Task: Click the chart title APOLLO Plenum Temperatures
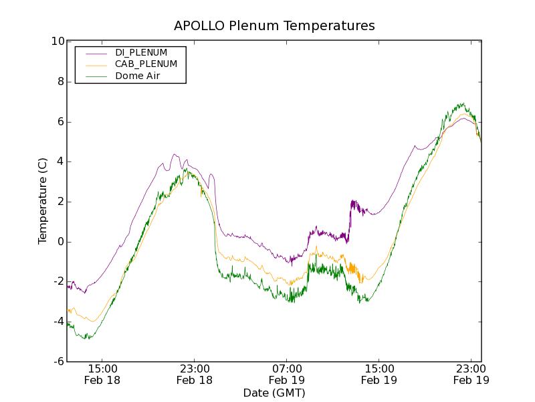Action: pyautogui.click(x=274, y=26)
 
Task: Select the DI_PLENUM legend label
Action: pyautogui.click(x=141, y=52)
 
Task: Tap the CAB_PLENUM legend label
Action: pyautogui.click(x=146, y=64)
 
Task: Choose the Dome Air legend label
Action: pyautogui.click(x=137, y=76)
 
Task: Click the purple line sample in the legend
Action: pyautogui.click(x=94, y=52)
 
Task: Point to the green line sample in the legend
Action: pyautogui.click(x=94, y=76)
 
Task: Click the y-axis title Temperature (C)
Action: pyautogui.click(x=43, y=201)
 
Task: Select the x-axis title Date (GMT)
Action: pyautogui.click(x=274, y=393)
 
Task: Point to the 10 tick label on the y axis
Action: pyautogui.click(x=58, y=42)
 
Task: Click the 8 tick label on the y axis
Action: pyautogui.click(x=60, y=82)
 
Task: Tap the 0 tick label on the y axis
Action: pyautogui.click(x=60, y=242)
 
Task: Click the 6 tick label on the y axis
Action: pyautogui.click(x=60, y=122)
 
